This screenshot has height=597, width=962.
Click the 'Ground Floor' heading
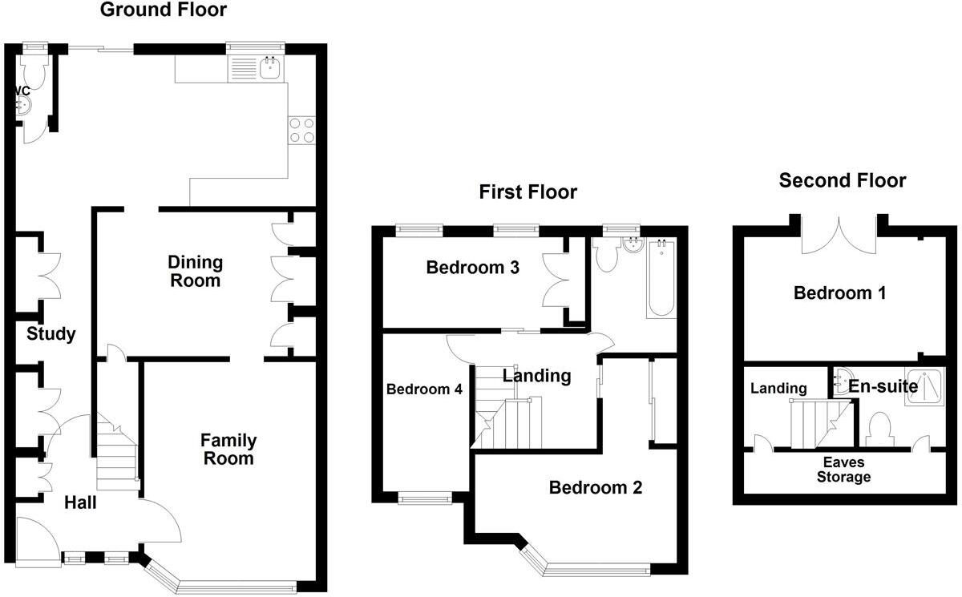pyautogui.click(x=163, y=10)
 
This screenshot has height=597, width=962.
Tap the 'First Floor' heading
pyautogui.click(x=527, y=192)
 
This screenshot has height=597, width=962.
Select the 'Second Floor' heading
pyautogui.click(x=843, y=181)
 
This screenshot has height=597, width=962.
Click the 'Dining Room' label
pyautogui.click(x=196, y=272)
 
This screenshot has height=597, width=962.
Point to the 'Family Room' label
pyautogui.click(x=228, y=450)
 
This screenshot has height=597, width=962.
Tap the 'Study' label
pyautogui.click(x=51, y=334)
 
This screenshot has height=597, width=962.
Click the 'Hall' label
pyautogui.click(x=80, y=502)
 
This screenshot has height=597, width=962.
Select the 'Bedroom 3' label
pyautogui.click(x=472, y=268)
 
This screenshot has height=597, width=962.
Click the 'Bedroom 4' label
pyautogui.click(x=424, y=389)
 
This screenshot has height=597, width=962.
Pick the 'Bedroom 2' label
pyautogui.click(x=596, y=487)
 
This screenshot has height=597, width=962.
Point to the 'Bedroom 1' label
pyautogui.click(x=839, y=293)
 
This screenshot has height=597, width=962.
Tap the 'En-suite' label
pyautogui.click(x=883, y=387)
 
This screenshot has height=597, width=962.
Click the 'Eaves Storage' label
pyautogui.click(x=843, y=470)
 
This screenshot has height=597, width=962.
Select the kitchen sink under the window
pyautogui.click(x=269, y=69)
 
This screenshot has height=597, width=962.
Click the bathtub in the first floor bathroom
pyautogui.click(x=661, y=277)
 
